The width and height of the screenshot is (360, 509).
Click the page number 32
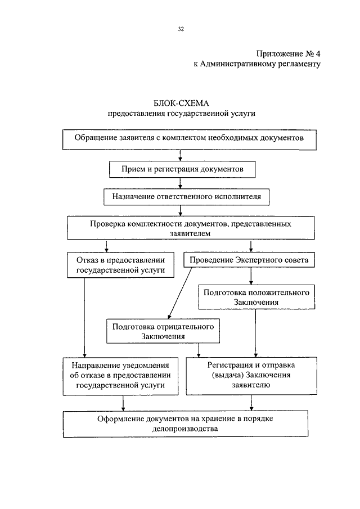point(181,29)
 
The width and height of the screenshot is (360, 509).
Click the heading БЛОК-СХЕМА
point(181,103)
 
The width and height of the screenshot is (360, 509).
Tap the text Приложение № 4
point(288,53)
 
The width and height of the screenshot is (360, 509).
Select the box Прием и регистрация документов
point(182,169)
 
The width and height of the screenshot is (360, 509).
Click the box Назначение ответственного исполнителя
point(186,197)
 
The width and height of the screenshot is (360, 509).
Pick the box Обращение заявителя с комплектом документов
point(189,139)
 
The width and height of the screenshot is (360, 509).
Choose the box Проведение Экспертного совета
point(249,260)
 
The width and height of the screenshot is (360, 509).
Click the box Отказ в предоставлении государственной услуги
point(120,265)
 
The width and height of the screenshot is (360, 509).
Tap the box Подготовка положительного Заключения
point(256,297)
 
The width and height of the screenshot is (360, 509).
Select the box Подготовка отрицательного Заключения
point(163,331)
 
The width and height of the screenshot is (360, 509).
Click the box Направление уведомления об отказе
point(120,376)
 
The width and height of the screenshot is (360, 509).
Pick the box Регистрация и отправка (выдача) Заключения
point(251,376)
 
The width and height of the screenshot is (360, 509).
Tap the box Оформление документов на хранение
point(186,424)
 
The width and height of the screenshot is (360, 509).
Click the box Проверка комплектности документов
point(191,228)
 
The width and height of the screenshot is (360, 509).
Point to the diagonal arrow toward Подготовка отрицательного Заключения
point(180,293)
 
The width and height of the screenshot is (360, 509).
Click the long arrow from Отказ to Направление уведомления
point(84,317)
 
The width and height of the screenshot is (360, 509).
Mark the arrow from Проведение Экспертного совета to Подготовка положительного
point(251,276)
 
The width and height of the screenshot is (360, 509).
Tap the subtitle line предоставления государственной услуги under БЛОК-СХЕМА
point(182,114)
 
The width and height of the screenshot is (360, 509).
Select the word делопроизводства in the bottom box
point(185,429)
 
